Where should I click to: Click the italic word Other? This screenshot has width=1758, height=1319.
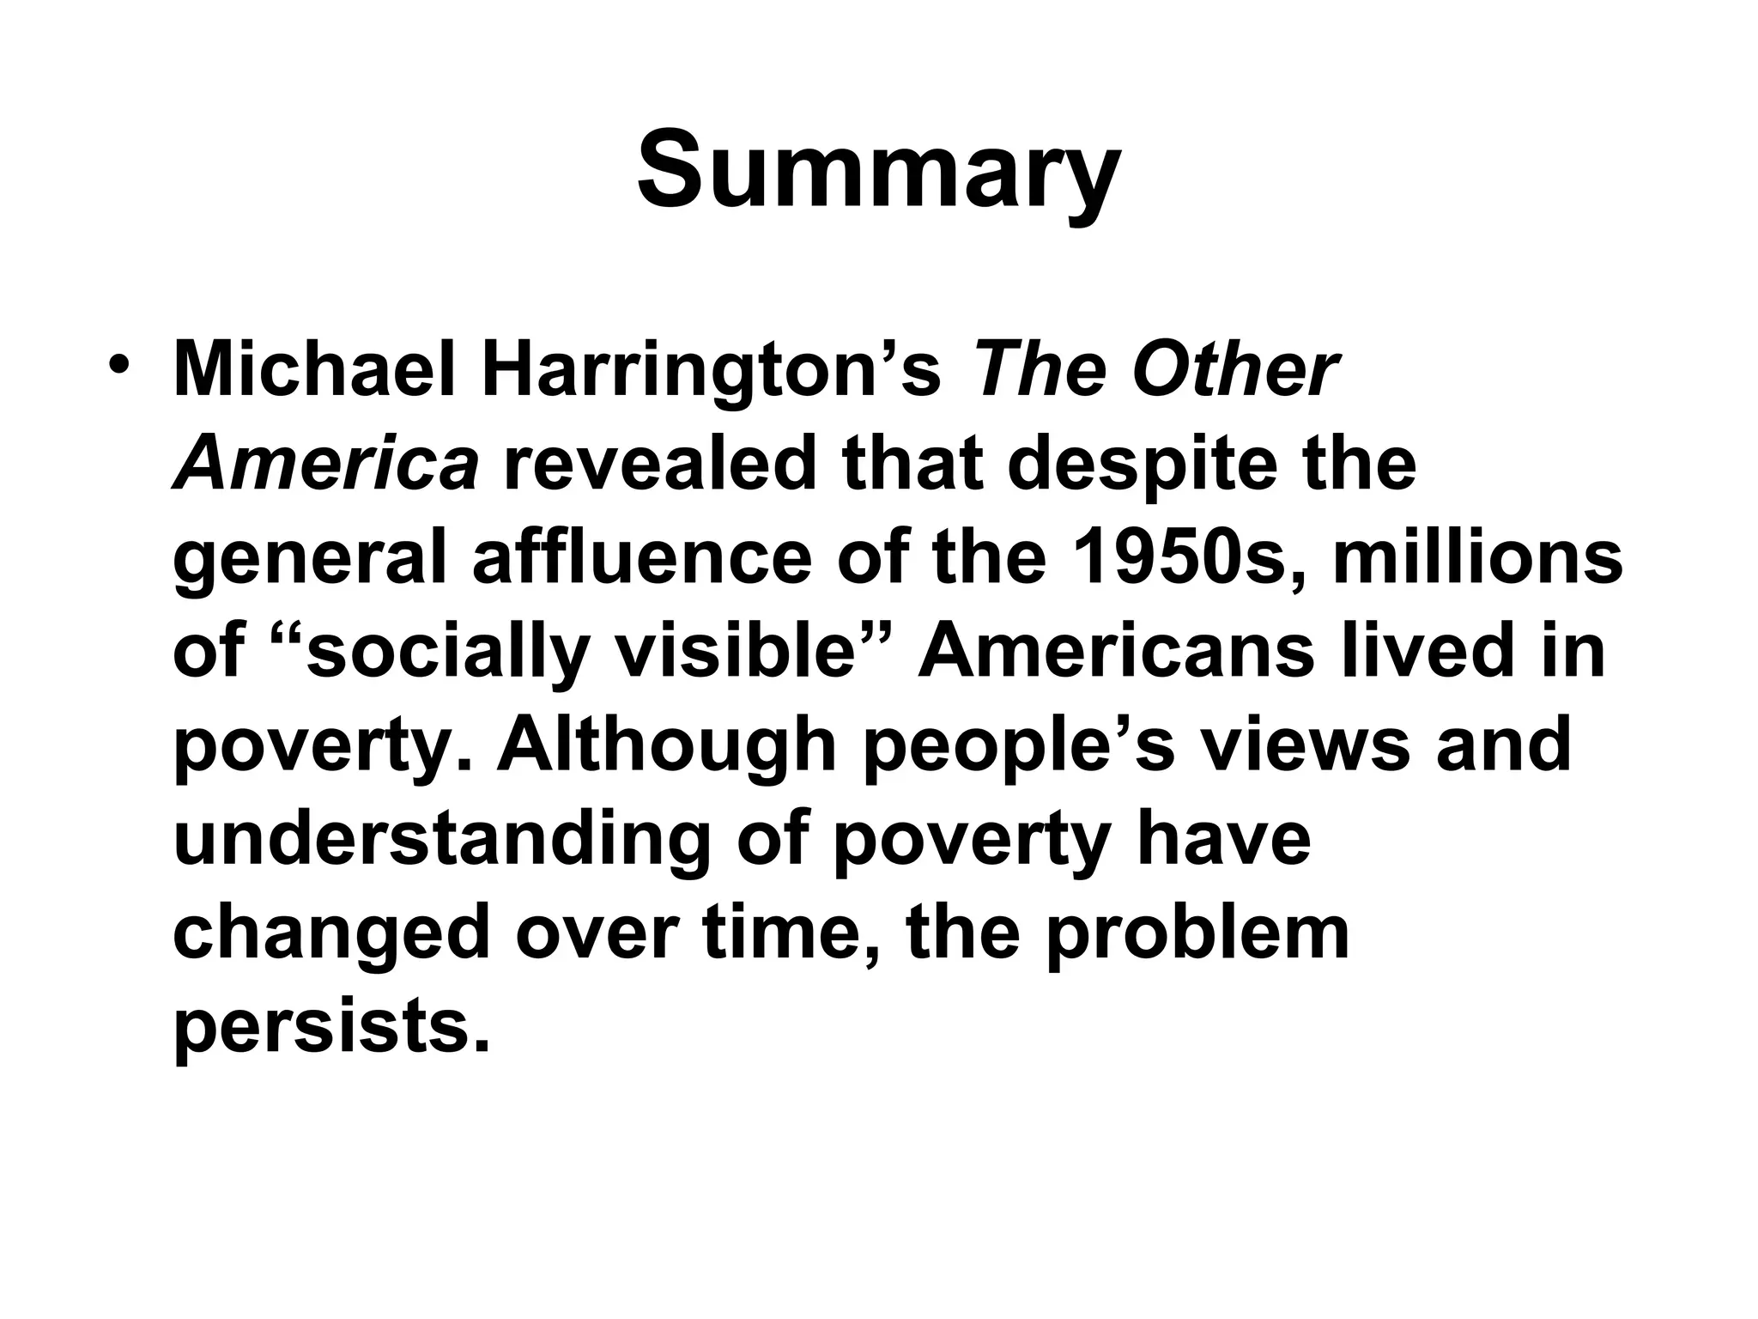(1234, 372)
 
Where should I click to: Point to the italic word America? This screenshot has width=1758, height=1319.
(325, 465)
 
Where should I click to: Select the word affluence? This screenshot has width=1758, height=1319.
(642, 559)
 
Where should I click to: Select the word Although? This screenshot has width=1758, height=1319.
(666, 746)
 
